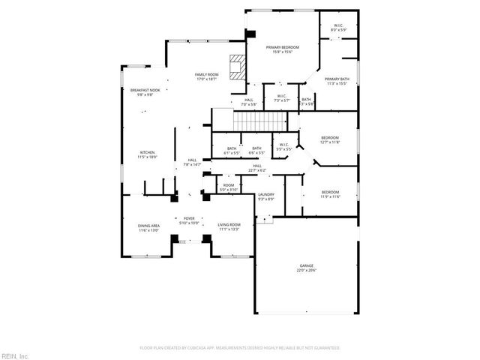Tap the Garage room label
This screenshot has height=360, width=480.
pos(306,265)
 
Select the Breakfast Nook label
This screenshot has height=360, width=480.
pos(145,90)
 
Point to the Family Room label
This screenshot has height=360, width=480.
pos(206,74)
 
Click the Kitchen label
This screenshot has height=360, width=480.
pos(147,152)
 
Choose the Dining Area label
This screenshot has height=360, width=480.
pos(148,225)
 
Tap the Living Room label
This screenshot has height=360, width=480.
pos(229,225)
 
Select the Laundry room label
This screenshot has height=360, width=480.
pos(266,194)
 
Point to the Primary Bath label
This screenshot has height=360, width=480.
pos(337,79)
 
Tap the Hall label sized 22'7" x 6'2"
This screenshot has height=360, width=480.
pos(257,167)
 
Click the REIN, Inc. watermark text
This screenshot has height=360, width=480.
pos(14,355)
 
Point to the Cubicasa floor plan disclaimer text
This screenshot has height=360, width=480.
pos(240,348)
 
